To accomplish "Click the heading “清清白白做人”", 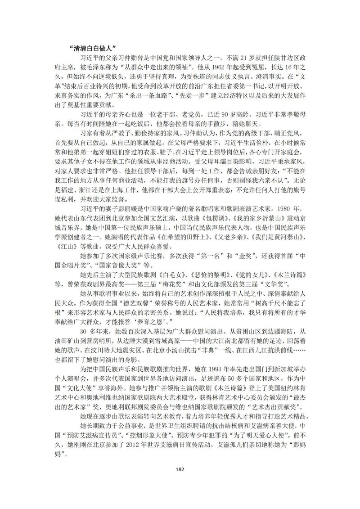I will tap(93, 47).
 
